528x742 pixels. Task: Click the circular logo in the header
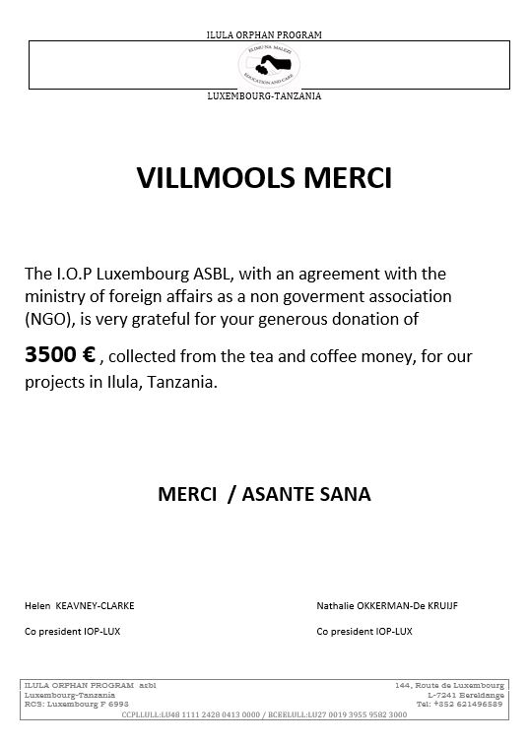264,65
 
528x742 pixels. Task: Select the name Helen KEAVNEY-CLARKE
86,605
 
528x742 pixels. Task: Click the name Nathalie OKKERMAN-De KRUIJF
401,605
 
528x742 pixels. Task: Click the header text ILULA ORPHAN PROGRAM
264,34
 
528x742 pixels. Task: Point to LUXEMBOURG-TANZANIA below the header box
264,95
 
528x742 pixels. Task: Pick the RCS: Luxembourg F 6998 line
76,704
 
